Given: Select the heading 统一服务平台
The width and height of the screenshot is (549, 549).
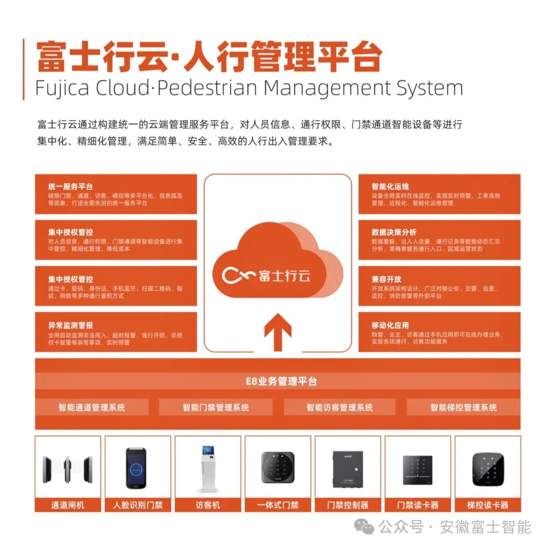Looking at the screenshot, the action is point(71,187).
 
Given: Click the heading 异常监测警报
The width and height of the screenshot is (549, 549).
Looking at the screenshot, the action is point(71,325).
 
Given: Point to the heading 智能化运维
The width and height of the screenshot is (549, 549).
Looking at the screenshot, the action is point(390,187).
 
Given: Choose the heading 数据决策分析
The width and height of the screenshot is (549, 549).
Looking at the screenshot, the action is point(394,232).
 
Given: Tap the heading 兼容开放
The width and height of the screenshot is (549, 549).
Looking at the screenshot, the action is point(386,279).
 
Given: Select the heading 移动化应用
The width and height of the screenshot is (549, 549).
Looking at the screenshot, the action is point(390,325).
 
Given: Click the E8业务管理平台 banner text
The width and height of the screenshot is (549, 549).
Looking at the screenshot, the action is point(278,381).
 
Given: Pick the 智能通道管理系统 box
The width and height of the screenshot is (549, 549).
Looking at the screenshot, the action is point(92,407).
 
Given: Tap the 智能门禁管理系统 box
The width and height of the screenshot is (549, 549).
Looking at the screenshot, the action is point(216,407).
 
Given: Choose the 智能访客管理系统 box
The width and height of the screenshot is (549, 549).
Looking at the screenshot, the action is point(340,407).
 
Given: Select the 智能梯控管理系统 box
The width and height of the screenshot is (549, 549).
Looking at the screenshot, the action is point(464,407).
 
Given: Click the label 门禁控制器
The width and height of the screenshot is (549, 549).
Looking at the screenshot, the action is point(348,505).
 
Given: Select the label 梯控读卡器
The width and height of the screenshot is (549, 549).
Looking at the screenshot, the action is point(487,505).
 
